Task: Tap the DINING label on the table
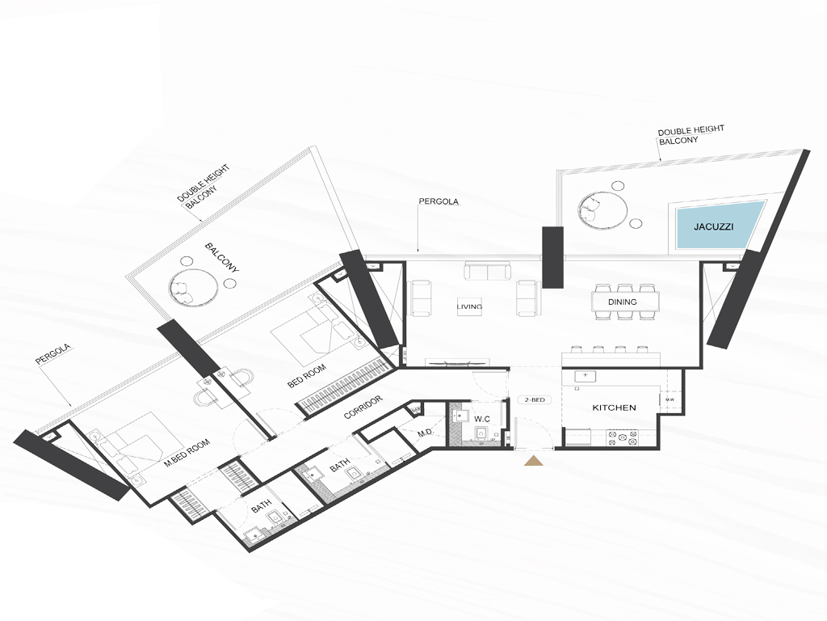[623, 302]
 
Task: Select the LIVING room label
[469, 306]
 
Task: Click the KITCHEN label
[614, 408]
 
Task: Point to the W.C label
[482, 420]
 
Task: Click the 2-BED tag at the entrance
[535, 399]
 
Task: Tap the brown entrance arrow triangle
[535, 460]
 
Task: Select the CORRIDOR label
[363, 408]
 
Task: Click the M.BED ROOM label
[187, 453]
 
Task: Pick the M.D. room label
[426, 433]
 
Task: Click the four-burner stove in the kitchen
[623, 437]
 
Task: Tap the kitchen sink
[585, 377]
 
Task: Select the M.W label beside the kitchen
[670, 399]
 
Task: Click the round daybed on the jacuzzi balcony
[602, 211]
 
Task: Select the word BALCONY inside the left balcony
[222, 258]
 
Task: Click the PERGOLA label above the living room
[439, 201]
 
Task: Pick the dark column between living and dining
[552, 256]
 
